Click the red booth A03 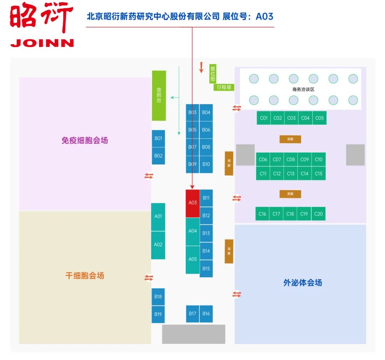point(192,203)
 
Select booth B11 point(206,198)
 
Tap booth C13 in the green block point(291,174)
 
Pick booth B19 point(158,314)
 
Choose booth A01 point(158,217)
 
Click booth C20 point(318,214)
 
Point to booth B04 point(206,113)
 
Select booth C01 point(264,118)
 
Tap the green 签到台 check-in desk point(159,96)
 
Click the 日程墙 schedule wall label point(224,87)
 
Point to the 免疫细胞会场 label point(84,141)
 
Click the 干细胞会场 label point(84,276)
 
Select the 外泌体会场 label point(303,283)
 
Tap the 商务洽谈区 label point(303,90)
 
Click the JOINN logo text point(42,43)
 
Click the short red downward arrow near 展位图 point(201,67)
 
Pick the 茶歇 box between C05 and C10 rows point(290,139)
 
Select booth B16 point(206,314)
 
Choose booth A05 point(192,259)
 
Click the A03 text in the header point(265,17)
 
